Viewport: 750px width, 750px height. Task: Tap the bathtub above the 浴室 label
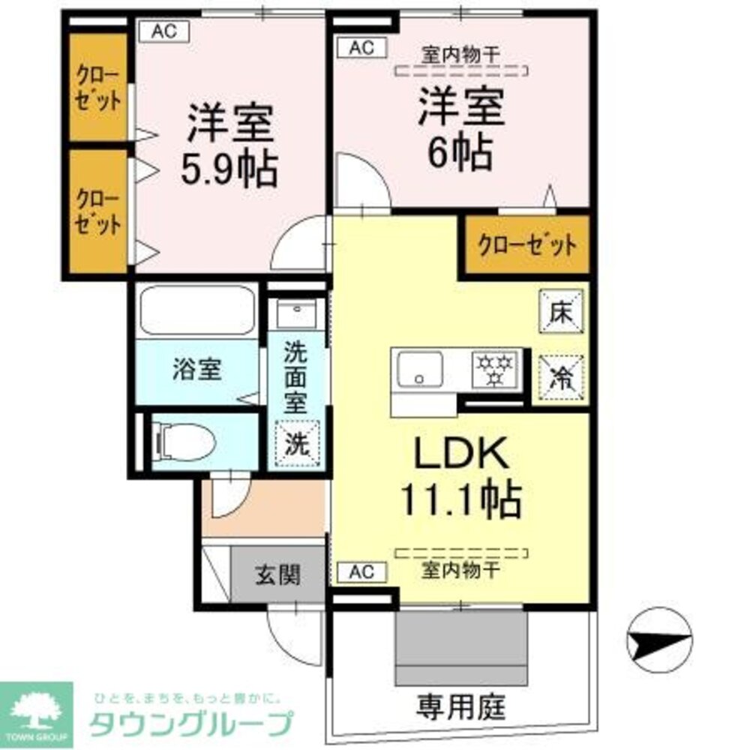click(x=196, y=309)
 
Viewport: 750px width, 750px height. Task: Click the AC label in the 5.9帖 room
click(x=163, y=31)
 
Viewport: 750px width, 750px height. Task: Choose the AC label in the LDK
click(x=361, y=572)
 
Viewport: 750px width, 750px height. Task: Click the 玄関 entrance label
click(x=277, y=574)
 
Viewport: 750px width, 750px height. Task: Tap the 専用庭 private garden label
click(x=461, y=705)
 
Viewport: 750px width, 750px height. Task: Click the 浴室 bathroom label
click(x=196, y=370)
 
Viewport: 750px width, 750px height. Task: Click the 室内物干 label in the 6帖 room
click(x=460, y=55)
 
